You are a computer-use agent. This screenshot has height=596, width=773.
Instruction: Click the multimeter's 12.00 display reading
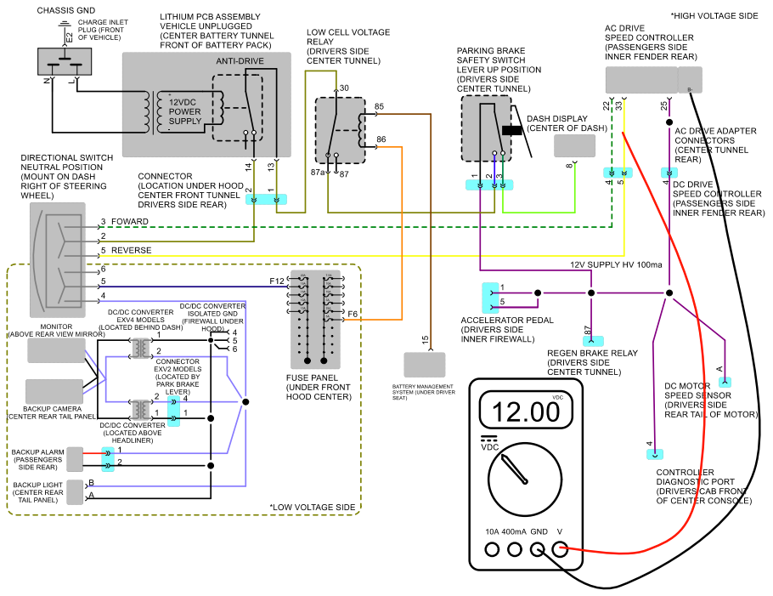click(526, 412)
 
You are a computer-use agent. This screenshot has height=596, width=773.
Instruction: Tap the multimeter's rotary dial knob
click(525, 480)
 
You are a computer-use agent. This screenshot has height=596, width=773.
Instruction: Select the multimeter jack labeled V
click(560, 549)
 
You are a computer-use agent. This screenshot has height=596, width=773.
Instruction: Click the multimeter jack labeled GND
click(537, 549)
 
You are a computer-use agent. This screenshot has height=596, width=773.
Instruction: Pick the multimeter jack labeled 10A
click(492, 549)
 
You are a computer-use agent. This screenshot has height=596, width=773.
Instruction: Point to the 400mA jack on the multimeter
click(515, 549)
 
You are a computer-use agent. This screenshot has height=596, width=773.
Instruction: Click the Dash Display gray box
click(574, 145)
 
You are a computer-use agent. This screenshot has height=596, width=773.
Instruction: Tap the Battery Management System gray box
click(425, 365)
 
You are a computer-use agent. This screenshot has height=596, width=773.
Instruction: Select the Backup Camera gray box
click(54, 392)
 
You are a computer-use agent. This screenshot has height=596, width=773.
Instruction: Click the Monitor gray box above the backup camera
click(56, 350)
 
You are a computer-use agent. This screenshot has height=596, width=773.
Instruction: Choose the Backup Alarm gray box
click(75, 459)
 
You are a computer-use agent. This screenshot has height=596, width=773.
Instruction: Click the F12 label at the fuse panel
click(277, 281)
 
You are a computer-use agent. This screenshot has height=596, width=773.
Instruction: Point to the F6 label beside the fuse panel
click(353, 314)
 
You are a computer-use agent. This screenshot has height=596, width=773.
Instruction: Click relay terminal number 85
click(379, 106)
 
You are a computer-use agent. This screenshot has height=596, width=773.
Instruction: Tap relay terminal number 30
click(344, 88)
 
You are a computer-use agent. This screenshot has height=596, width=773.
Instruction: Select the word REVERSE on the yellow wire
click(131, 250)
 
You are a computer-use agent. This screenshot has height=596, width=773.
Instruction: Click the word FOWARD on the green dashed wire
click(130, 222)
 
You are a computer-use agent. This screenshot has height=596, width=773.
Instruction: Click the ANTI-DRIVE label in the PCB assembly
click(240, 60)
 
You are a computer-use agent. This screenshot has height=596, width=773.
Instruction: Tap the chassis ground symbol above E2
click(64, 24)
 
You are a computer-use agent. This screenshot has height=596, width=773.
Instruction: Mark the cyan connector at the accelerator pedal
click(490, 298)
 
